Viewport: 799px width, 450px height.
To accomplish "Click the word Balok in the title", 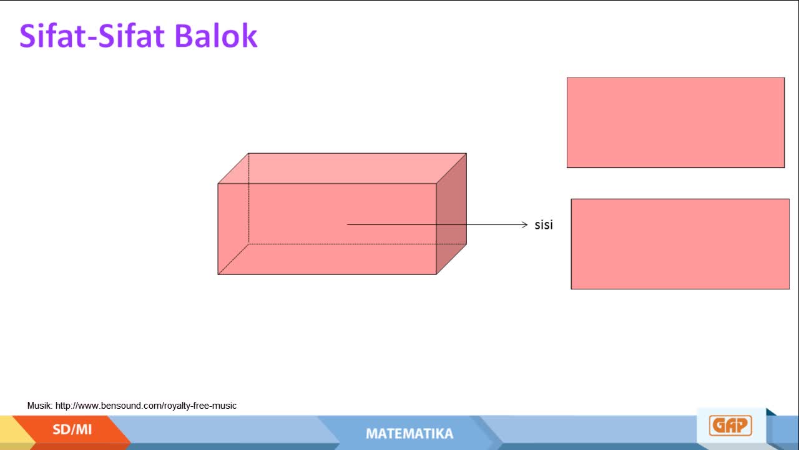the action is [216, 36].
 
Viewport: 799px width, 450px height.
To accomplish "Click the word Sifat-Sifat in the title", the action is [92, 36].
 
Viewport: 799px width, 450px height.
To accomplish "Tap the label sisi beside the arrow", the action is [544, 224].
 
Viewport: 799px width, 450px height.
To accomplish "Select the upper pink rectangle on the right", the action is [675, 122].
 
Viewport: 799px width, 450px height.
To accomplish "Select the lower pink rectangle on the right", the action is [680, 244].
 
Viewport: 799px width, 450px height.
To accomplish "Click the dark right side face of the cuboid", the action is [451, 214].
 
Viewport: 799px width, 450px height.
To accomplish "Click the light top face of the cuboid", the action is [342, 168].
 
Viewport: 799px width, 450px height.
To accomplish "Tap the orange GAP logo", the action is [730, 426].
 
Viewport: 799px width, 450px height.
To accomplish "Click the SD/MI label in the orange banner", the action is [72, 429].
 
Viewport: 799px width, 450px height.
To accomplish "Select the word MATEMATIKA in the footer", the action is [409, 434].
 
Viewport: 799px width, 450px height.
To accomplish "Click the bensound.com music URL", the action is [146, 406].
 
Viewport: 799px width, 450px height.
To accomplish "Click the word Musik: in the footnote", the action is [40, 406].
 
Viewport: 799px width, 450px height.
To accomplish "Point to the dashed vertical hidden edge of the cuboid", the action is [248, 199].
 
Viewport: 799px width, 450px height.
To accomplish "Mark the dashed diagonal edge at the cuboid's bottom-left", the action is [233, 259].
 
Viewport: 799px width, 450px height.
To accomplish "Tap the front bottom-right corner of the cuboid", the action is [436, 274].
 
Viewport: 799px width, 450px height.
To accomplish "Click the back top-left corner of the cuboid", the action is [248, 154].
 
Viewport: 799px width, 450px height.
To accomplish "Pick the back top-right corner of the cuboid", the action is [466, 154].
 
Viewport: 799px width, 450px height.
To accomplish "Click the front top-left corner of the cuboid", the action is [218, 184].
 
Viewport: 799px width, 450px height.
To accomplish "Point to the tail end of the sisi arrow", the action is [347, 224].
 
